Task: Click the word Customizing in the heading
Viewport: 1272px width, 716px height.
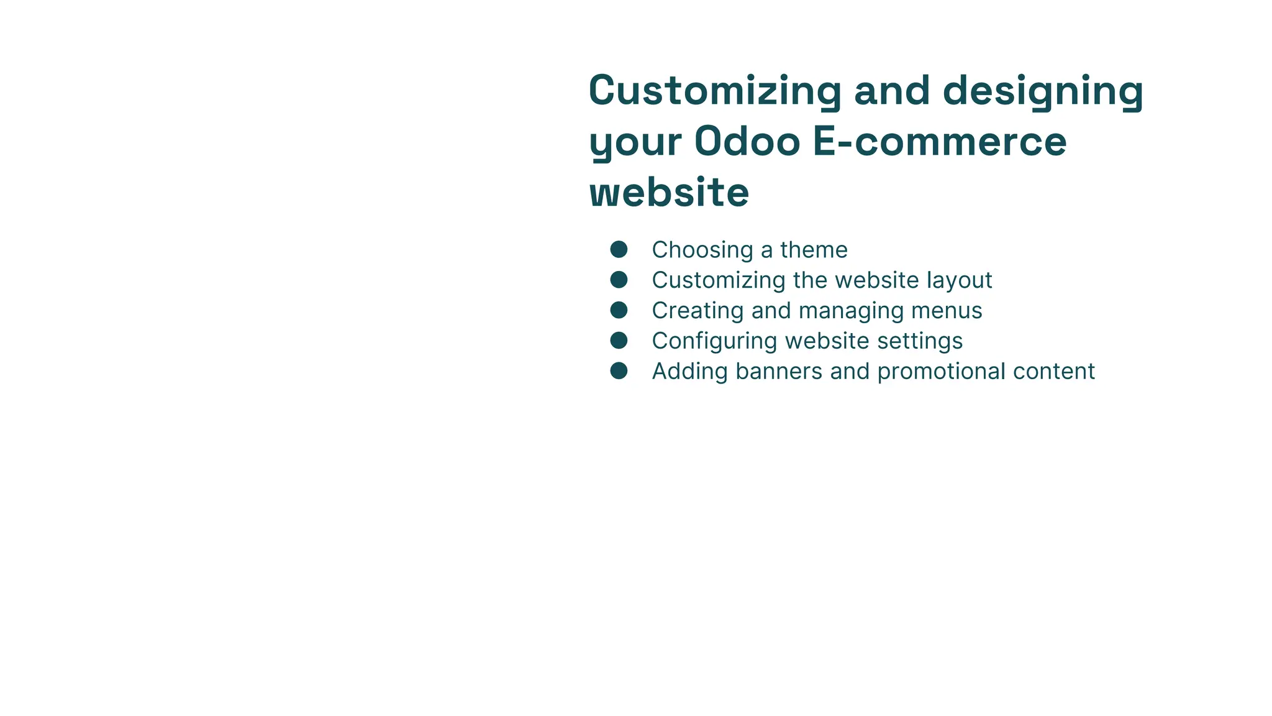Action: (715, 91)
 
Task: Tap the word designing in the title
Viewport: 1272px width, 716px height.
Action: (1043, 91)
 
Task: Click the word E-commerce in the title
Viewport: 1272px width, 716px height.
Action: (940, 142)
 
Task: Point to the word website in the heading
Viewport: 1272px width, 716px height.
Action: (669, 192)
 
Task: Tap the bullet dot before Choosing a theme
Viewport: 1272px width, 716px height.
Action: (619, 250)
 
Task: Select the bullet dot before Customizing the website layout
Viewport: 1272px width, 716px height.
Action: (619, 280)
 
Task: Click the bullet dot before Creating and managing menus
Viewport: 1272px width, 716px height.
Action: (619, 310)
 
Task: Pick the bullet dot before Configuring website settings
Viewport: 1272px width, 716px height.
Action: (619, 341)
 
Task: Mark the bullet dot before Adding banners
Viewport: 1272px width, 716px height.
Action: (619, 371)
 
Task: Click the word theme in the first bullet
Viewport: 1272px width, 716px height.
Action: (814, 250)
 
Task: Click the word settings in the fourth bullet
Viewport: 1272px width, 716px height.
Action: (920, 341)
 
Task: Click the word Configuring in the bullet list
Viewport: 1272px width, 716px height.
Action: (714, 341)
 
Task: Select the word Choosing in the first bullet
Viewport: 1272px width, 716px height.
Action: (702, 250)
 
